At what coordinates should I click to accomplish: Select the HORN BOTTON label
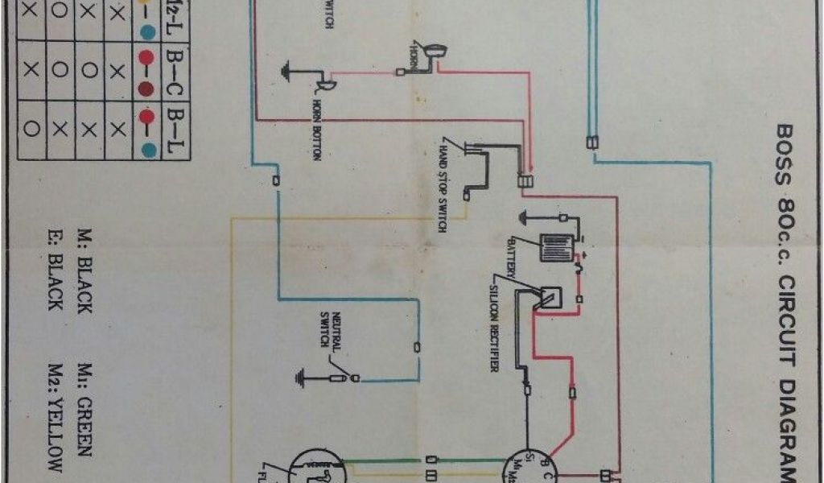(x=314, y=133)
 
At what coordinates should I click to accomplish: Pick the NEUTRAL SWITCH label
(x=331, y=330)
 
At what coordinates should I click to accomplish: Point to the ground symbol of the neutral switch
(x=302, y=374)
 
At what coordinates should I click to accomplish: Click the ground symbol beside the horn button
(x=287, y=70)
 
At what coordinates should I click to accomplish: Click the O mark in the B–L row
(x=31, y=126)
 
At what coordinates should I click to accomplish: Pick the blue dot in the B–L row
(x=147, y=148)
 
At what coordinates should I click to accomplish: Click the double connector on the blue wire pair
(x=592, y=142)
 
